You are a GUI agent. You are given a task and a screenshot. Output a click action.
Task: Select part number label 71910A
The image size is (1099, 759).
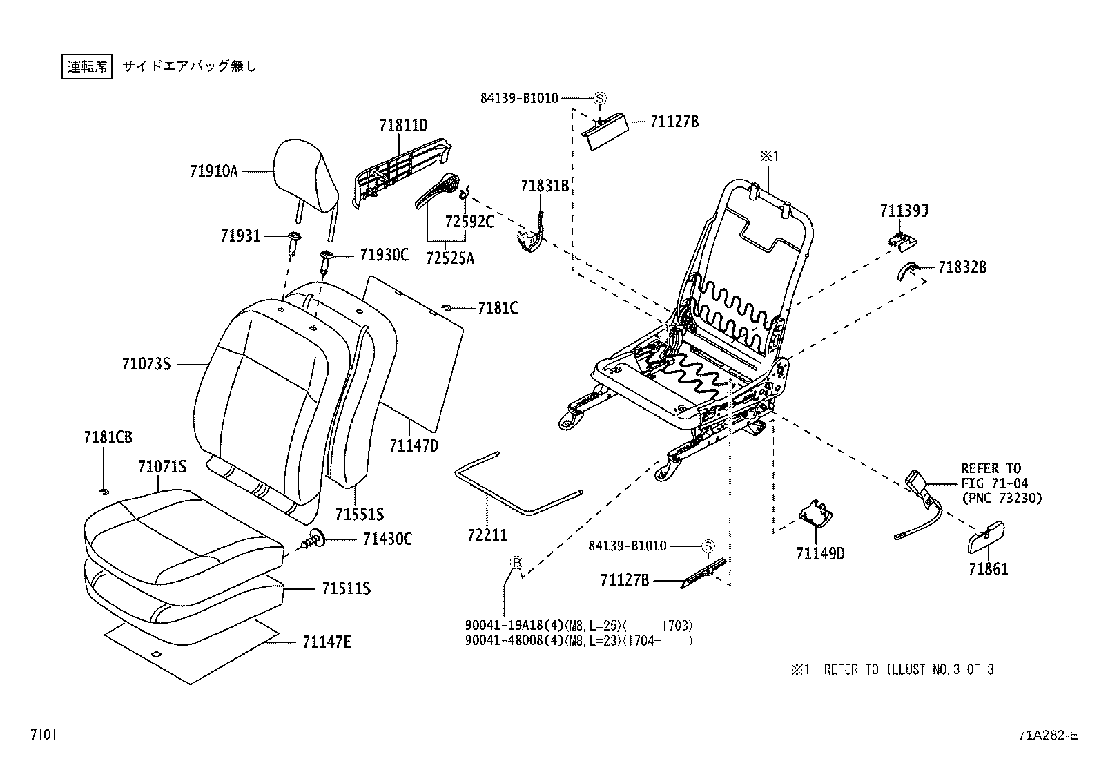(213, 171)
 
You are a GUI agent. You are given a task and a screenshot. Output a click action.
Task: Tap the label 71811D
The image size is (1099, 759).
(403, 126)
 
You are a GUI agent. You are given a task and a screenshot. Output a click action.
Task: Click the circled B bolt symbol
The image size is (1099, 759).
(516, 562)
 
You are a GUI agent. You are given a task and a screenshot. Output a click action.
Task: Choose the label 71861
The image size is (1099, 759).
(988, 569)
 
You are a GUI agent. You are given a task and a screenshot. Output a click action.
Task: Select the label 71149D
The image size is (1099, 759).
(820, 553)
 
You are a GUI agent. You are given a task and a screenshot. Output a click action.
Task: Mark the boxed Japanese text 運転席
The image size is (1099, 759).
(87, 66)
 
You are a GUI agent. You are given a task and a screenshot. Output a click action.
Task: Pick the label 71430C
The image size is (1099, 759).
(387, 539)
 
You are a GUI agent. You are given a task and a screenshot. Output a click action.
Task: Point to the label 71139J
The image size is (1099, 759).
(904, 211)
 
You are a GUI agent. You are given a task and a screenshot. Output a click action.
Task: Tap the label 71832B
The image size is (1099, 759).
(962, 267)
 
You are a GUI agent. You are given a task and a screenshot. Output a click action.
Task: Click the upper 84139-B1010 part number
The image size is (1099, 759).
(519, 98)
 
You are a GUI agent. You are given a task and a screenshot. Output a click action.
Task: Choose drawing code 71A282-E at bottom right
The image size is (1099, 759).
(1047, 736)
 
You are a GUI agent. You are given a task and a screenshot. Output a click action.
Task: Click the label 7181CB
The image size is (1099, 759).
(108, 437)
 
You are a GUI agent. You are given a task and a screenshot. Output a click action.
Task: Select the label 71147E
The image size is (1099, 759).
(327, 642)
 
